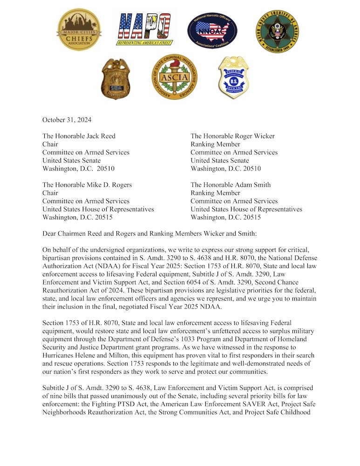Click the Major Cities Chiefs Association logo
point(79,30)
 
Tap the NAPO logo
point(144,28)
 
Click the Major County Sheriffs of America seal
point(278,31)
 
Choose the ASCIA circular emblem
point(175,76)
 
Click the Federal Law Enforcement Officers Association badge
point(233,77)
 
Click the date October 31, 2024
point(67,120)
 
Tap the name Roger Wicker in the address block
point(253,136)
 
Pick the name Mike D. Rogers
point(105,185)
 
